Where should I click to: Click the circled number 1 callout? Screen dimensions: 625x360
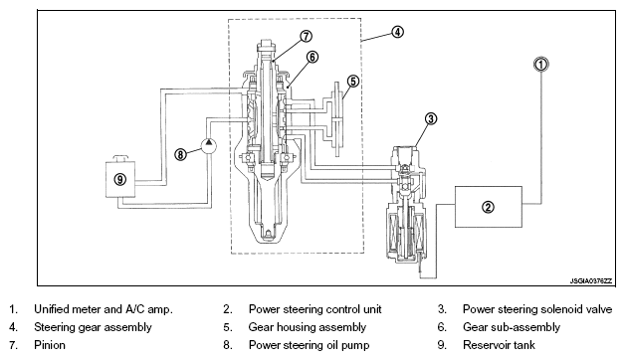click(x=540, y=64)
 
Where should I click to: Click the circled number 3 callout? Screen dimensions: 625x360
click(x=431, y=118)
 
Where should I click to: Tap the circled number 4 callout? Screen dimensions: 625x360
click(x=397, y=32)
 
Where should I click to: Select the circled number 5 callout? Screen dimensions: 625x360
click(x=352, y=82)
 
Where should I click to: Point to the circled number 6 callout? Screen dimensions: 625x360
click(x=312, y=58)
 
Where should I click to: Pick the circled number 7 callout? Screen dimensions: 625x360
click(x=306, y=36)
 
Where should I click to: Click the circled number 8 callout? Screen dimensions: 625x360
click(x=180, y=154)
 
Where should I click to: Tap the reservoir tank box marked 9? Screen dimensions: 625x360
click(x=120, y=179)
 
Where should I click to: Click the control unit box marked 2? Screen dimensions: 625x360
click(x=489, y=207)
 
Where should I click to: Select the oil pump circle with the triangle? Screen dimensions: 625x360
click(x=209, y=145)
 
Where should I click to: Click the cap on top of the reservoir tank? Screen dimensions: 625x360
click(x=120, y=158)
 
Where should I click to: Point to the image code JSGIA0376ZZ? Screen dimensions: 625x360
click(x=590, y=281)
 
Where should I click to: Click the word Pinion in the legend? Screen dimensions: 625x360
click(x=50, y=345)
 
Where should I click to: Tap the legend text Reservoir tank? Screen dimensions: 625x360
click(x=499, y=345)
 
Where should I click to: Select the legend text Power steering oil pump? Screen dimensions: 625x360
click(x=309, y=345)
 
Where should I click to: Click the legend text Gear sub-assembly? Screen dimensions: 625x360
click(x=512, y=327)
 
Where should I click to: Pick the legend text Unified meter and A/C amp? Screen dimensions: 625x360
click(x=104, y=309)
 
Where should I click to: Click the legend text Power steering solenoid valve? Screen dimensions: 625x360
click(x=537, y=309)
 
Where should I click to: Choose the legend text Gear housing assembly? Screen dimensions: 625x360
click(x=307, y=327)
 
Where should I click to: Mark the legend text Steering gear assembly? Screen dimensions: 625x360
click(x=93, y=327)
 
